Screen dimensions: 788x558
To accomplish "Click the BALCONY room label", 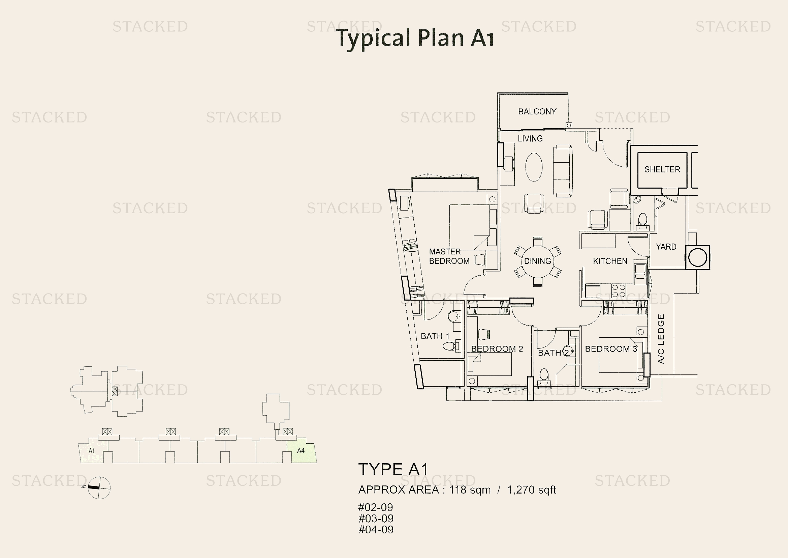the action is tap(537, 111).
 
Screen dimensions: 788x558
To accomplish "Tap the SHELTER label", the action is tap(662, 169).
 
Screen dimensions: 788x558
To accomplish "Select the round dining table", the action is tap(537, 261).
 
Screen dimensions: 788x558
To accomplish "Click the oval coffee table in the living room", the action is tap(534, 167).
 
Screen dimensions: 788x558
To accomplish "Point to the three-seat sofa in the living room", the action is tap(563, 171).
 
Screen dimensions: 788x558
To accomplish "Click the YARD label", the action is tap(666, 247).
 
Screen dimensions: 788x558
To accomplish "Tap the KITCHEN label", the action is tap(610, 261).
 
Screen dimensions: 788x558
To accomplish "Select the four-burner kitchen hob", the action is tap(619, 291).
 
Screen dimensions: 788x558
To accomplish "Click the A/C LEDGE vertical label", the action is tap(661, 339).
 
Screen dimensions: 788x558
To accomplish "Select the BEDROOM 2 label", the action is tap(497, 349).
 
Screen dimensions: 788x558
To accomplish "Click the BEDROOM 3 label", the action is tap(611, 349).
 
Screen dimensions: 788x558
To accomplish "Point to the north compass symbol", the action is tap(99, 487).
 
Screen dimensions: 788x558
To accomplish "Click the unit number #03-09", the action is tap(376, 519).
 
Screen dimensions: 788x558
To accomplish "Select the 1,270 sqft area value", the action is tap(531, 490).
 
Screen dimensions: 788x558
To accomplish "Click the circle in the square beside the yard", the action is tap(698, 257).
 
